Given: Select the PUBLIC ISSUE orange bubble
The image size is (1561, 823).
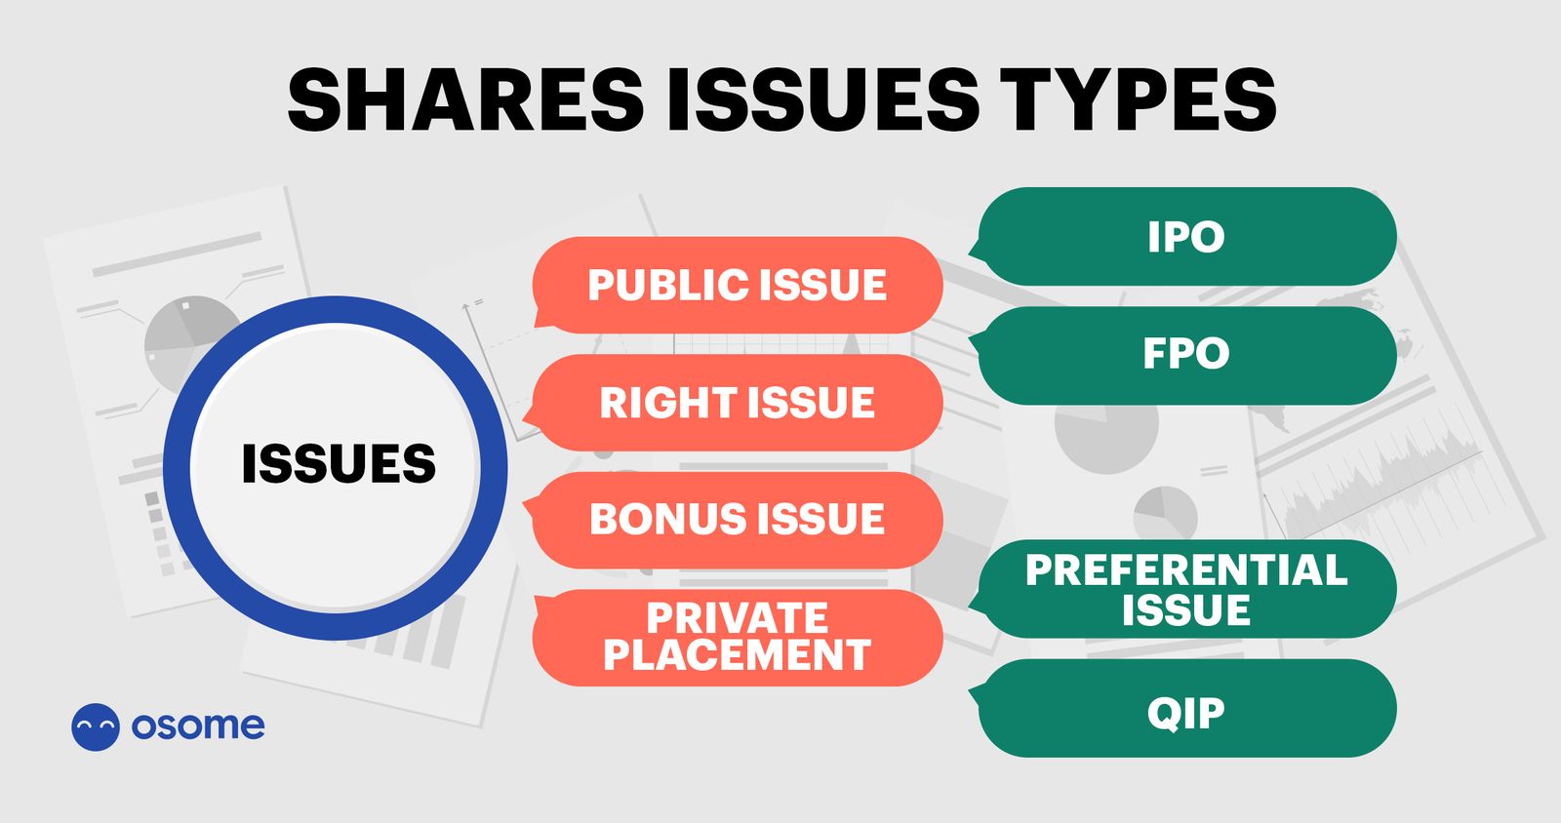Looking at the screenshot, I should tap(738, 285).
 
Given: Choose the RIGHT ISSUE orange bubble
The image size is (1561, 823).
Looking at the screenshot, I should tap(738, 403).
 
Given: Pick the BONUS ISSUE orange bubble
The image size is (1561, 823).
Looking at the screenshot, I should tap(738, 520).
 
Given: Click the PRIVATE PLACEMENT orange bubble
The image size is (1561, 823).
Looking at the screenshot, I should tap(738, 637).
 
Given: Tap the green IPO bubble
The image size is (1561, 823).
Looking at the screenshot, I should tap(1186, 237).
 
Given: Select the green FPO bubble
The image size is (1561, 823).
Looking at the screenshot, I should tap(1186, 354).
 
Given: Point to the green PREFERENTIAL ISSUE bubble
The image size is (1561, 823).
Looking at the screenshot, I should tap(1186, 589).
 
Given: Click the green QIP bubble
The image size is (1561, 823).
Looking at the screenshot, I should tap(1186, 712).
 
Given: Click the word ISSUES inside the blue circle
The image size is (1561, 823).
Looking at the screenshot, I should tap(338, 464).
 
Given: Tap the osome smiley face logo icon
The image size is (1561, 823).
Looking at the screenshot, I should tap(96, 726).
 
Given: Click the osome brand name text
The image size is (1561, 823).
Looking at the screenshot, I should tap(198, 725).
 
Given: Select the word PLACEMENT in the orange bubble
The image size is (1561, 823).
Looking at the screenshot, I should tap(738, 655).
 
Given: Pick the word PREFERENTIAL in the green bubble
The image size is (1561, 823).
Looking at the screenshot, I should tap(1186, 570).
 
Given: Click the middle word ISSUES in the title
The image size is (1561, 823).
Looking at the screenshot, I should tap(823, 99).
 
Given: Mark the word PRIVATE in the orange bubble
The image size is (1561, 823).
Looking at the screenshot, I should tap(738, 618).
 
